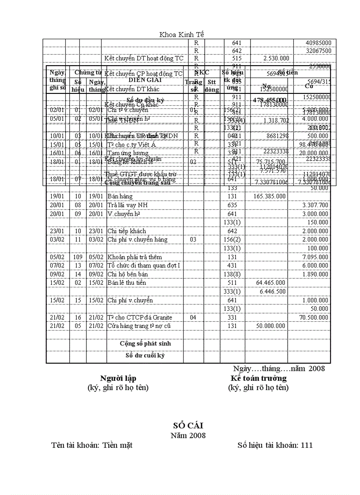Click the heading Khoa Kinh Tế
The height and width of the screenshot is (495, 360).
pyautogui.click(x=181, y=34)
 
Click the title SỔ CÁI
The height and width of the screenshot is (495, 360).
pyautogui.click(x=188, y=425)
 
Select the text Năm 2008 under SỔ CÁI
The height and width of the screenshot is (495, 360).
pyautogui.click(x=188, y=435)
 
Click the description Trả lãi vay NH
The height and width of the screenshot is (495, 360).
pyautogui.click(x=127, y=205)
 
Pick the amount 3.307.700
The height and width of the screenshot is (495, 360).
pyautogui.click(x=315, y=205)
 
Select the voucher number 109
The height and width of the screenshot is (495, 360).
pyautogui.click(x=78, y=257)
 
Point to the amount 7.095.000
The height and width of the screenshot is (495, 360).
pyautogui.click(x=315, y=257)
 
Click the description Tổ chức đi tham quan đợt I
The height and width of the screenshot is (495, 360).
pyautogui.click(x=144, y=265)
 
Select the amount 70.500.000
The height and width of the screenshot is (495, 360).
pyautogui.click(x=314, y=317)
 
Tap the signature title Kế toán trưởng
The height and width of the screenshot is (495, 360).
pyautogui.click(x=259, y=378)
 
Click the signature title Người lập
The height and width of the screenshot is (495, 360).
pyautogui.click(x=118, y=378)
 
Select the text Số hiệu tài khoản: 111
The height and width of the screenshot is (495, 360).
pyautogui.click(x=275, y=445)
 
